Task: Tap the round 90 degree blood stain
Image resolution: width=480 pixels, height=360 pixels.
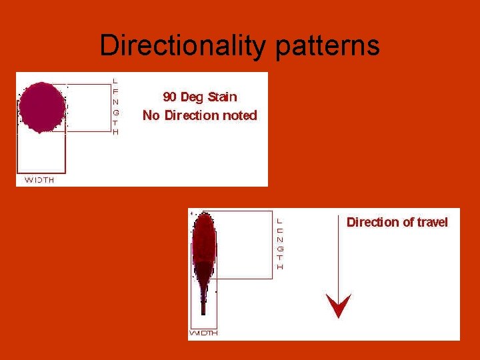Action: pos(42,107)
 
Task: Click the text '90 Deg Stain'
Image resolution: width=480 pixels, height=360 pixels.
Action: pos(200,97)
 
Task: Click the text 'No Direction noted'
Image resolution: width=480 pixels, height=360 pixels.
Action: pos(200,115)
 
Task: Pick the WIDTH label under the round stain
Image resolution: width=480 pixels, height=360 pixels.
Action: pos(39,180)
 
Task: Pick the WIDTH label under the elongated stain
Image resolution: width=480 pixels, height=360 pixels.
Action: pos(203,333)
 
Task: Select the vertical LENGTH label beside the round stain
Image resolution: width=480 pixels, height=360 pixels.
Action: pos(115,107)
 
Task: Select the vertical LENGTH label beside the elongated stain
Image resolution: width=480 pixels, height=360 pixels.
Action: pos(280,243)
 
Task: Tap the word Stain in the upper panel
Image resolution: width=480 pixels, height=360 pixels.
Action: pos(222,97)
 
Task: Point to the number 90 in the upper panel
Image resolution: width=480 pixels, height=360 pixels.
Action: pos(170,97)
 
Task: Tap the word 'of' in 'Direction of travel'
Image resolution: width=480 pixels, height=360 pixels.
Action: pos(406,222)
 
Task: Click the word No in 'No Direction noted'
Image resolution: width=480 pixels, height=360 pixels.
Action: pos(151,115)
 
